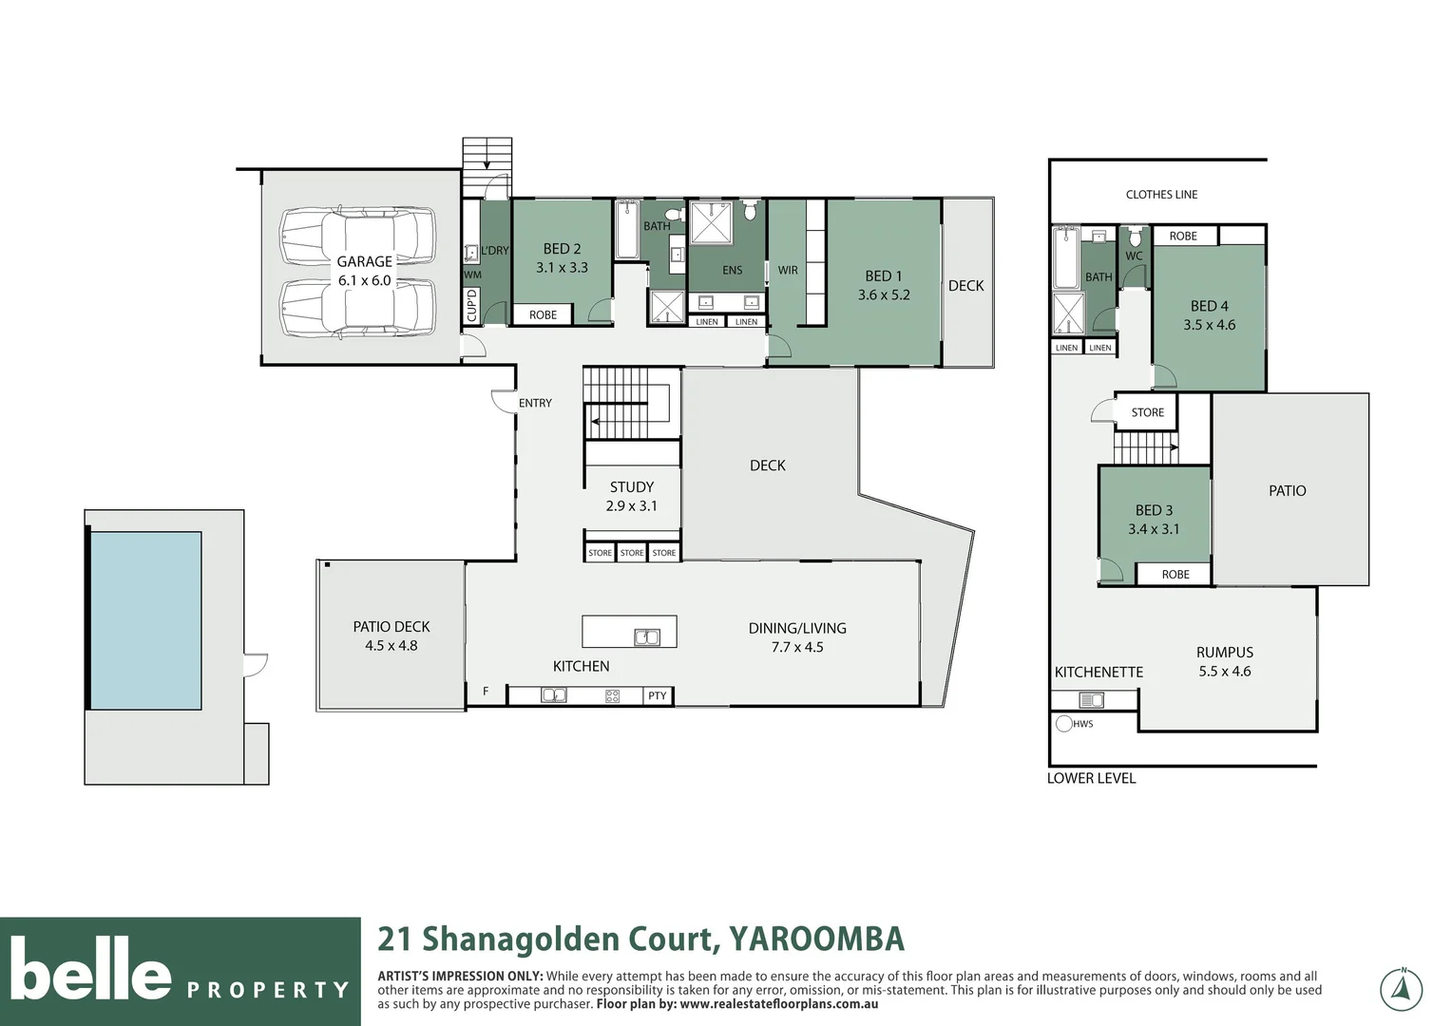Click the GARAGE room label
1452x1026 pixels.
tap(364, 261)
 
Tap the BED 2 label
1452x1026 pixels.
tap(562, 249)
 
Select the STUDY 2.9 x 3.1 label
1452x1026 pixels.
tap(631, 496)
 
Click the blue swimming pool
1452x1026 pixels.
tap(145, 620)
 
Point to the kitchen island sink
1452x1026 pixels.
tap(647, 637)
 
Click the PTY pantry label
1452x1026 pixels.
tap(657, 696)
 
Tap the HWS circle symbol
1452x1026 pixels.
tap(1064, 724)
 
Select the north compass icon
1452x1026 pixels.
tap(1401, 990)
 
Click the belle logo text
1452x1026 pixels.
tap(90, 969)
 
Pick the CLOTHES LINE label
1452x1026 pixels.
tap(1161, 195)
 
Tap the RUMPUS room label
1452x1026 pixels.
tap(1224, 653)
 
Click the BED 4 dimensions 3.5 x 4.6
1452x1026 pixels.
tap(1209, 325)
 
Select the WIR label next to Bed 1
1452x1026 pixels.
tap(788, 271)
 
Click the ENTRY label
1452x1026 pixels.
tap(535, 404)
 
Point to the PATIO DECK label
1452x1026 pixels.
tap(391, 627)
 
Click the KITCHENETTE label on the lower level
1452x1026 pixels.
tap(1099, 672)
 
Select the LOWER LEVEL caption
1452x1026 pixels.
tap(1091, 778)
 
